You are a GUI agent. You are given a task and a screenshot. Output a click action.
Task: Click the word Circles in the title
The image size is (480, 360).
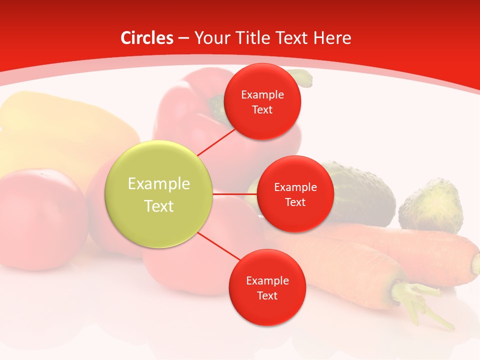pos(147,38)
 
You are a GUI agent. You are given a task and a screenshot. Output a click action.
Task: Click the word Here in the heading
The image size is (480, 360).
pos(332,38)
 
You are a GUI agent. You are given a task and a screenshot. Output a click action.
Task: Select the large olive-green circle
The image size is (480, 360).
pos(159,194)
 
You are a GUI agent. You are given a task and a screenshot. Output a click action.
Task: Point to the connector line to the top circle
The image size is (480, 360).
pos(216,142)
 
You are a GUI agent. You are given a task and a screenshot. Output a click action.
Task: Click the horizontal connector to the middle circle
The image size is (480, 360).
pos(235,193)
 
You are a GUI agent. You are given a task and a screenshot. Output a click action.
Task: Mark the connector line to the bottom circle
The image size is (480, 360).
pos(219,246)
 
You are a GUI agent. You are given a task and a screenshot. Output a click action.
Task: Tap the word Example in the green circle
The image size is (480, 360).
pos(159,183)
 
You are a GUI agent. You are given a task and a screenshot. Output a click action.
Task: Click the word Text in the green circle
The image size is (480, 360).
pos(159,206)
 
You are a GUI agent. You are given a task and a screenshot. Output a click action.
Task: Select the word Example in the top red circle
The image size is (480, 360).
pos(262,94)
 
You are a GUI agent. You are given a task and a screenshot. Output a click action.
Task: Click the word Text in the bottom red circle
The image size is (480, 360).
pos(267,295)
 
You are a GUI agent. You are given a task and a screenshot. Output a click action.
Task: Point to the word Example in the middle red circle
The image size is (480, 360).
pos(295,187)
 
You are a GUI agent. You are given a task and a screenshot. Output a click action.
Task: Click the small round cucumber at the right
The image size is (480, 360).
pos(431,206)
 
